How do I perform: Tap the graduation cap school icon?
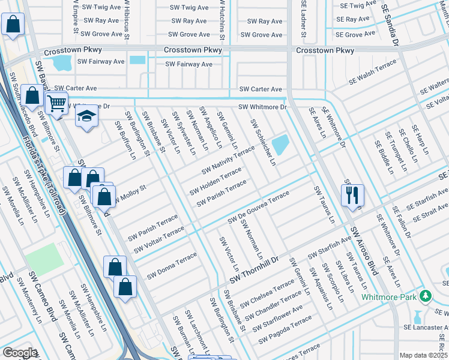tap(86, 116)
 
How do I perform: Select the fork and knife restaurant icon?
tap(352, 194)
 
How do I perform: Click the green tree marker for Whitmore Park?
tap(426, 296)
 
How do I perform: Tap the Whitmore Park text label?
tap(389, 297)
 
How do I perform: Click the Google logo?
tap(19, 353)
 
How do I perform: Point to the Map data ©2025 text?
tap(423, 355)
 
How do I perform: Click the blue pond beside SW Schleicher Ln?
tap(280, 144)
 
